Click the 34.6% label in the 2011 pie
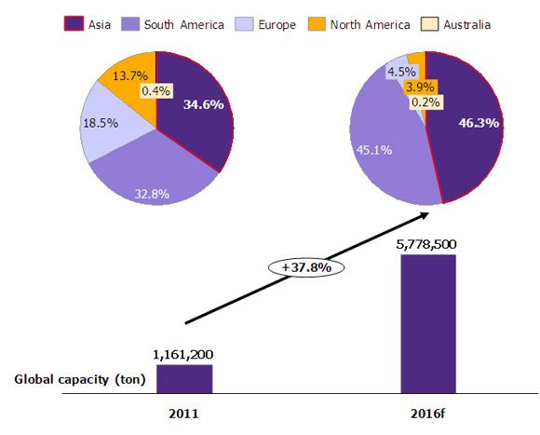pos(203,104)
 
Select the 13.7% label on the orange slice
pos(129,75)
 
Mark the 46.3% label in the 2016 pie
pos(478,122)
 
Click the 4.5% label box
pos(401,73)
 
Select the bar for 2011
pos(184,378)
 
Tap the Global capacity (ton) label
pos(75,379)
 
